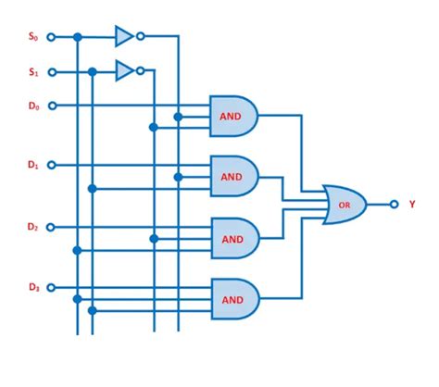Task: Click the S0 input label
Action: coord(34,37)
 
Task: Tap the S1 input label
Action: coord(34,71)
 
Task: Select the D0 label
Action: coord(34,106)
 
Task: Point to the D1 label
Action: coord(33,166)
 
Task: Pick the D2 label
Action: coord(33,226)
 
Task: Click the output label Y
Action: coord(411,204)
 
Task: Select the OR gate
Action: coord(344,204)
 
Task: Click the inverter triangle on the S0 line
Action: coord(123,37)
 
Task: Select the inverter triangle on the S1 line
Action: coord(123,70)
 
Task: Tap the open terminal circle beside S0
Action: coord(51,37)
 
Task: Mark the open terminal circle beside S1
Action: coord(51,71)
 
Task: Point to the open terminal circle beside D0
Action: coord(51,106)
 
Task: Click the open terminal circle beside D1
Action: coord(51,166)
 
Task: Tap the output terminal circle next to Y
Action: coord(394,204)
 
